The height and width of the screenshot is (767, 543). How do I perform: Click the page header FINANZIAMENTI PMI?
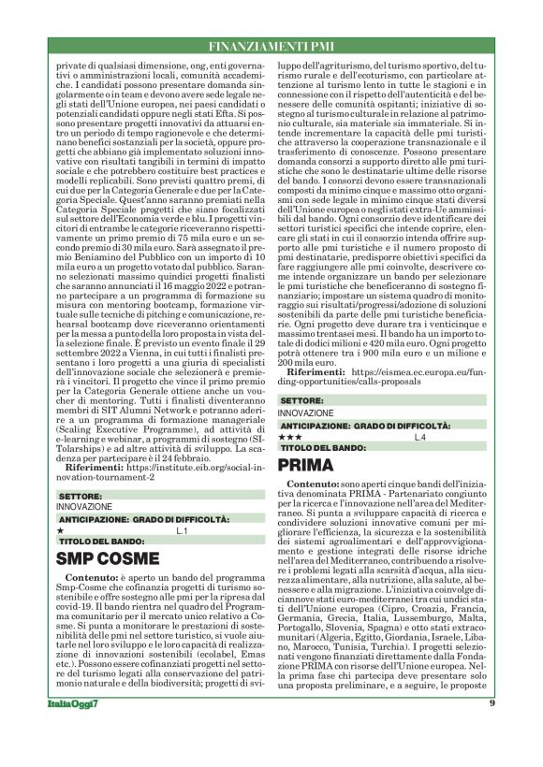tap(271, 45)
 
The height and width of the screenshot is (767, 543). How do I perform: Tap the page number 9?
tap(492, 731)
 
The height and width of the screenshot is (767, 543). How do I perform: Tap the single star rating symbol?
tap(60, 530)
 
